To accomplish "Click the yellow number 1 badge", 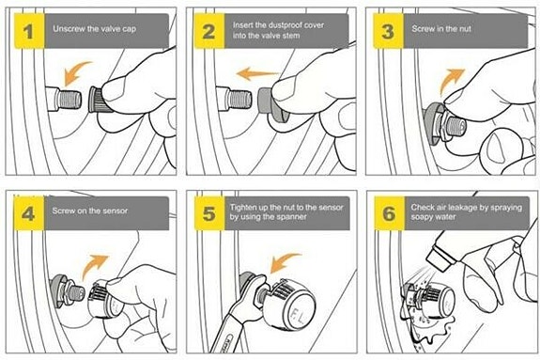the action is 29,31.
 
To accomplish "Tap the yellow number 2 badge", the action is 209,31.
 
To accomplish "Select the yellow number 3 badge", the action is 388,31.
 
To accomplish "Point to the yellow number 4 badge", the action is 29,213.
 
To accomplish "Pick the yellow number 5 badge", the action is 209,213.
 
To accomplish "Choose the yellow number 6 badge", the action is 390,213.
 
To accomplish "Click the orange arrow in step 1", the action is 75,71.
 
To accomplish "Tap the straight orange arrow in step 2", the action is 257,74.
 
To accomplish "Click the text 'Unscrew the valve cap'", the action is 94,28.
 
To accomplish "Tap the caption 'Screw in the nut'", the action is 441,28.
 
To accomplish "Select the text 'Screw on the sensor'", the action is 90,211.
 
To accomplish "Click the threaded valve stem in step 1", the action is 69,100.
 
